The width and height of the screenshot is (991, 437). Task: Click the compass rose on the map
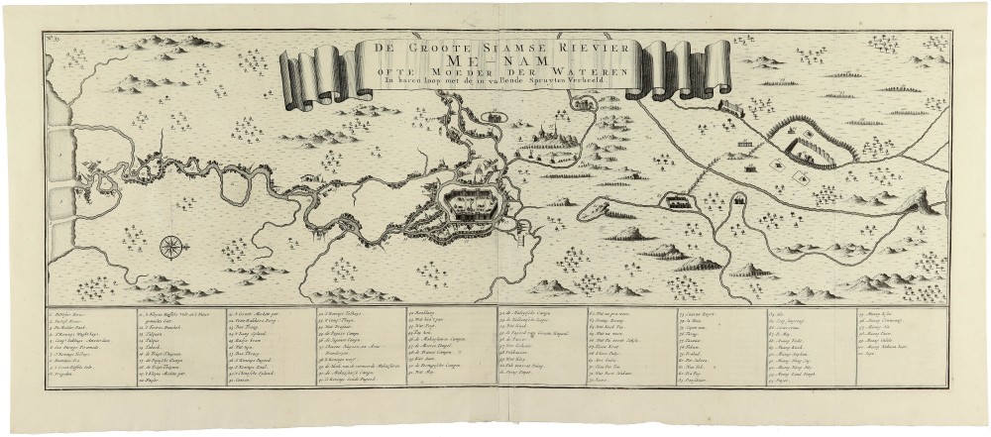click(x=171, y=245)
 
